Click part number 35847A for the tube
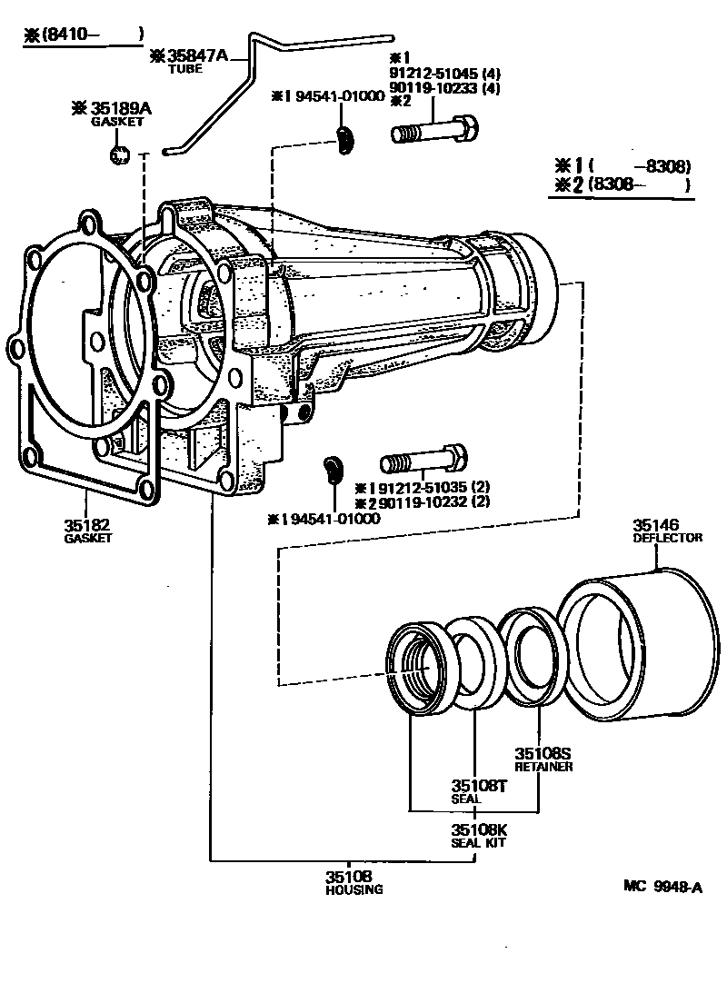pos(201,55)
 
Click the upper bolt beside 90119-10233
pos(433,131)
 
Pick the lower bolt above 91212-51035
pos(424,460)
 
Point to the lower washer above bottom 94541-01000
pos(332,470)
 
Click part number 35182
pos(86,525)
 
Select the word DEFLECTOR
pos(667,538)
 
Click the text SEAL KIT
pos(479,842)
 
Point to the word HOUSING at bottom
pos(354,889)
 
